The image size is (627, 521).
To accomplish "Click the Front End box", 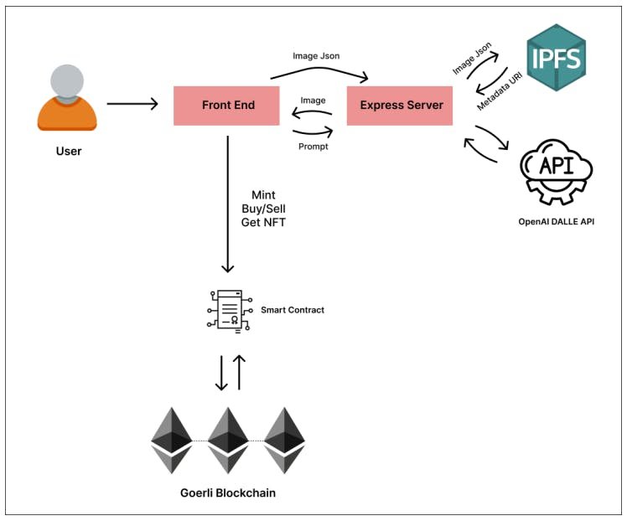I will [x=226, y=106].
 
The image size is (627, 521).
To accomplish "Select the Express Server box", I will [x=400, y=106].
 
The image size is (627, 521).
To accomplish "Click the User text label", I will [x=68, y=152].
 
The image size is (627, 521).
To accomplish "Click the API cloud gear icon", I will [x=556, y=173].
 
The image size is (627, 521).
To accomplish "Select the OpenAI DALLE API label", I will [x=556, y=223].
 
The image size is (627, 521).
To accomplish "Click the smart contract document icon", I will [x=227, y=310].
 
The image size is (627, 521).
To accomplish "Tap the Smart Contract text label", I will [x=292, y=310].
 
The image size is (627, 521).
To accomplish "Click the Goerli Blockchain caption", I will [x=227, y=493].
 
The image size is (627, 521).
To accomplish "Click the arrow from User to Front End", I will [x=132, y=105].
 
